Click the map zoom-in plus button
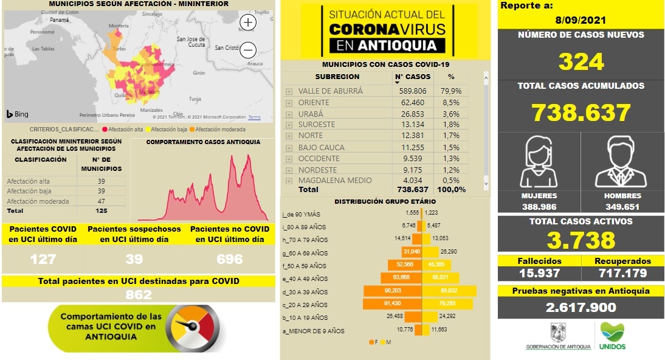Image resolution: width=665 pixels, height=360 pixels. (249, 22)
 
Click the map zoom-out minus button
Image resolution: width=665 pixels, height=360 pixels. (249, 50)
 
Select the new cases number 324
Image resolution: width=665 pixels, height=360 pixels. (581, 61)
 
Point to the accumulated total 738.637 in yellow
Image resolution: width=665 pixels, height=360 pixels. (581, 112)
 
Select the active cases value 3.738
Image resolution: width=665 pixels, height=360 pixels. (581, 241)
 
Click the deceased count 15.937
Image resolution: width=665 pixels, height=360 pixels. (539, 273)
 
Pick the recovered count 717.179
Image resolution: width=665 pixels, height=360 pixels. (622, 273)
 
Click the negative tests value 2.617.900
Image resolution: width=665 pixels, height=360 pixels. (581, 308)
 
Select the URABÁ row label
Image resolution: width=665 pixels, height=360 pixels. (311, 114)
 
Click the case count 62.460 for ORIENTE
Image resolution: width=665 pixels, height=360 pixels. (412, 102)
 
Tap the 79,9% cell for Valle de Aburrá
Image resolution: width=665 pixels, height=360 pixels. (451, 91)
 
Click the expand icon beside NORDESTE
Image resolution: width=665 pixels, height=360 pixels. (289, 170)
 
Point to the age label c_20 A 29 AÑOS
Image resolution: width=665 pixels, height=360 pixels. (305, 305)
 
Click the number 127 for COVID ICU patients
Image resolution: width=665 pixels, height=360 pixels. (43, 259)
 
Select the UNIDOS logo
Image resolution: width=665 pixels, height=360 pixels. (612, 336)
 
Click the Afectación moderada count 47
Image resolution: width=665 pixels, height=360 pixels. (101, 201)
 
